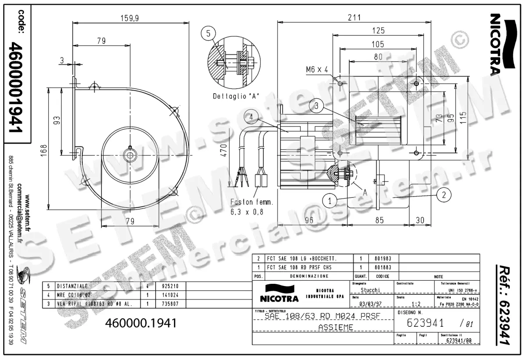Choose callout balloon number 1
[x=329, y=201]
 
